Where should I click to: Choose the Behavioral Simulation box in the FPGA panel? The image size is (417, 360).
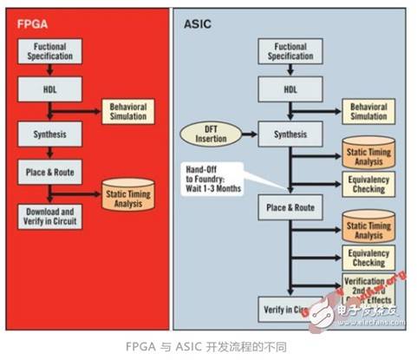click(x=127, y=111)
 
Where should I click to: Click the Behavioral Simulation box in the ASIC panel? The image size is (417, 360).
click(x=368, y=111)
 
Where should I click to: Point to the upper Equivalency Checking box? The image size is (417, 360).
click(x=368, y=185)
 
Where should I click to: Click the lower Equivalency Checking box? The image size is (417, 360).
click(x=368, y=258)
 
